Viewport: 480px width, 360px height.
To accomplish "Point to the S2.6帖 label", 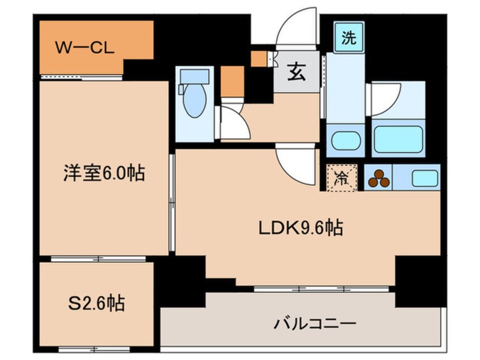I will click(94, 302).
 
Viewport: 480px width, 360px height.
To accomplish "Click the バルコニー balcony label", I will click(316, 324).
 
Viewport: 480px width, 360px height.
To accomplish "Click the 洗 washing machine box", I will click(349, 39).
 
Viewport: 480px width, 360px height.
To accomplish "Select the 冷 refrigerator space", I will click(342, 178).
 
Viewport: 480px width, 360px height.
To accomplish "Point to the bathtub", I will click(398, 139).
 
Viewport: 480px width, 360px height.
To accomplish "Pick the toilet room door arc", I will click(234, 120).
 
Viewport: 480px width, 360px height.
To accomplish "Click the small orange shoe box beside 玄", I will click(259, 58).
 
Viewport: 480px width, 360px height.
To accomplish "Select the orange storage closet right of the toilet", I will click(233, 81).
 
